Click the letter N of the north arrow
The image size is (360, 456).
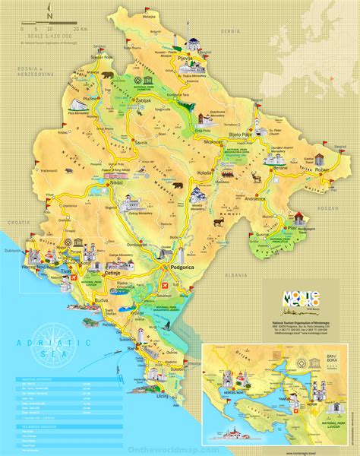[49, 14]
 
